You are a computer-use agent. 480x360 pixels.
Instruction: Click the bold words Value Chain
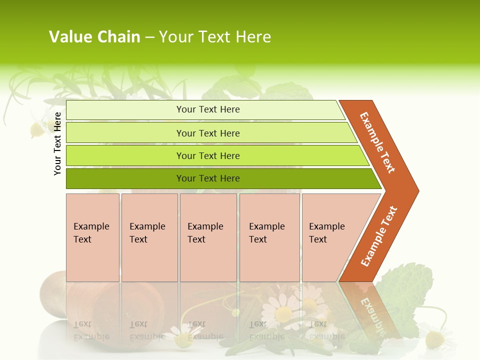click(94, 37)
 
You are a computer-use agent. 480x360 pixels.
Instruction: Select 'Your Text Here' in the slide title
click(215, 37)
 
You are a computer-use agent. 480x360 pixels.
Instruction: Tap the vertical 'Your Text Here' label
click(57, 144)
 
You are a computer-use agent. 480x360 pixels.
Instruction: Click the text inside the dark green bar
click(208, 178)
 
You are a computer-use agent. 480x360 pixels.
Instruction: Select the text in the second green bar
click(208, 133)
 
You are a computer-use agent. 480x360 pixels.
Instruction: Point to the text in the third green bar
click(208, 156)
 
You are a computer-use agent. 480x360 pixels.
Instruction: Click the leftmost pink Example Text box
click(92, 237)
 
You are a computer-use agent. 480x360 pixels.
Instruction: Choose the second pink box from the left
click(149, 237)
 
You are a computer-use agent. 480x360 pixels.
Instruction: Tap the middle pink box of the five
click(208, 237)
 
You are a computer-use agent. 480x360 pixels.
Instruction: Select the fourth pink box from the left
click(269, 237)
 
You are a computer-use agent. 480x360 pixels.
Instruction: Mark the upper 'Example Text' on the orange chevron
click(377, 142)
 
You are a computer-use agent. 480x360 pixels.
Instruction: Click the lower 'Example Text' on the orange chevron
click(379, 236)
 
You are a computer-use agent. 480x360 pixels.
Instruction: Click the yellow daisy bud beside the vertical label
click(37, 130)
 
